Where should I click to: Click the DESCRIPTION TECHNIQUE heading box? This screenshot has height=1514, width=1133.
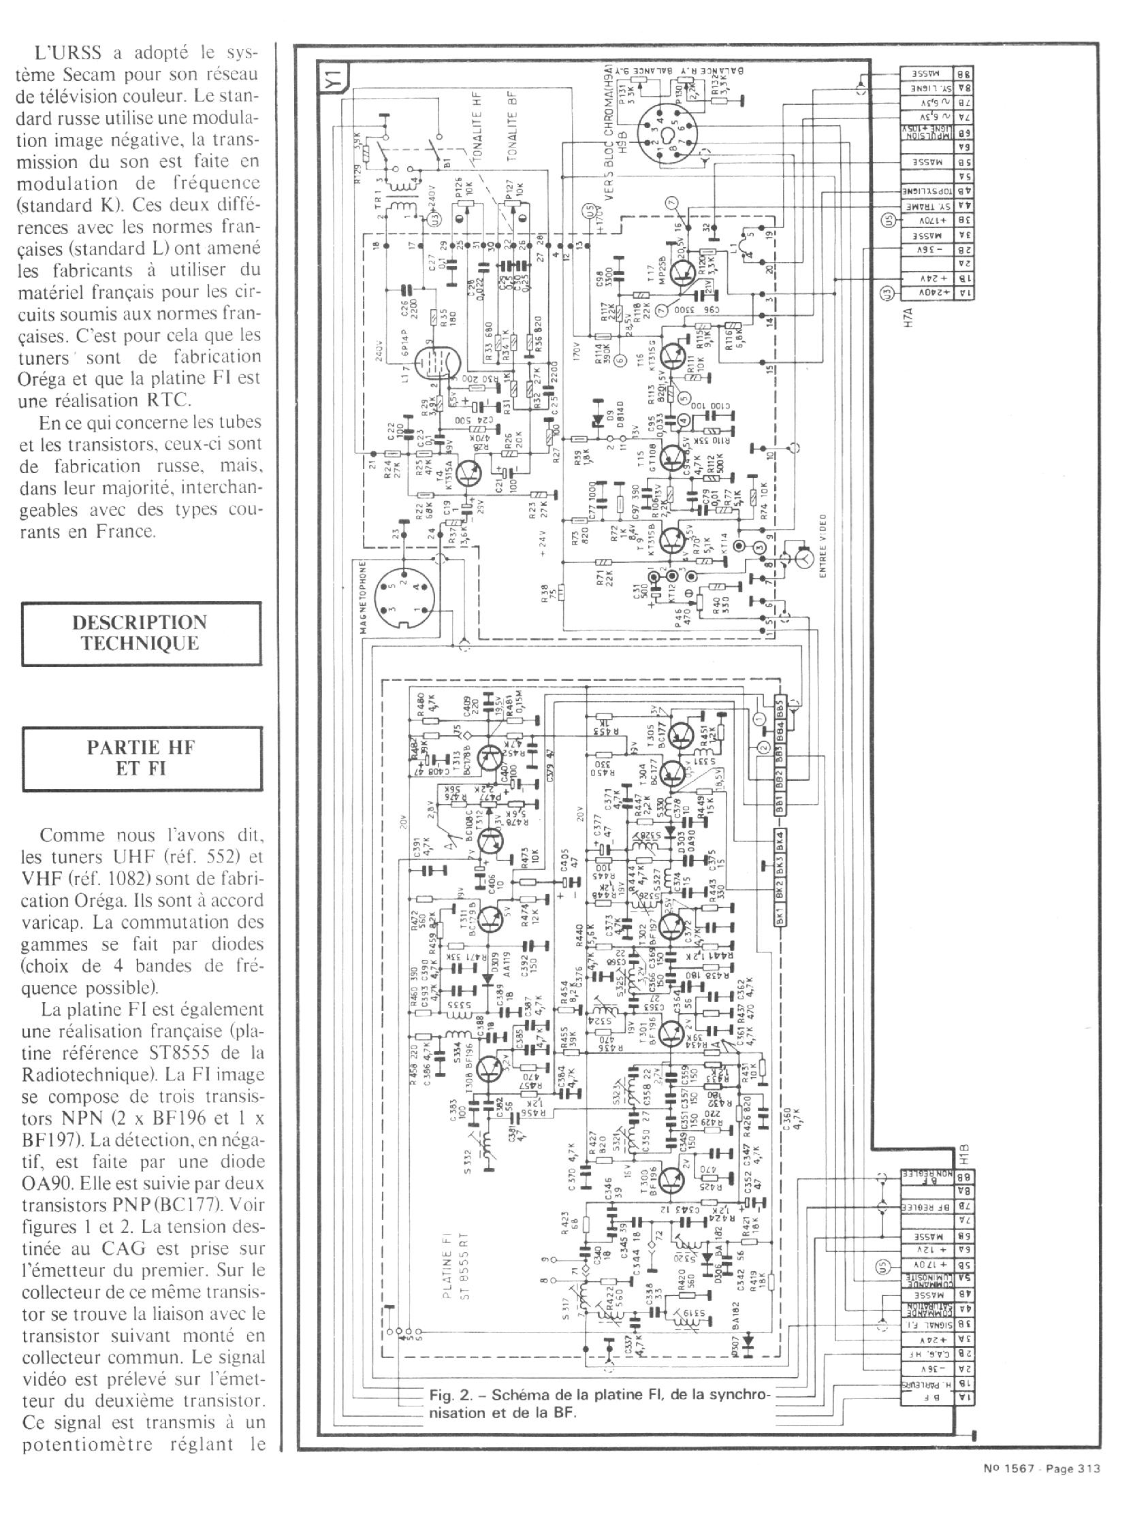140,633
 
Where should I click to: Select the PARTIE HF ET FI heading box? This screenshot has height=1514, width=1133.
141,758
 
